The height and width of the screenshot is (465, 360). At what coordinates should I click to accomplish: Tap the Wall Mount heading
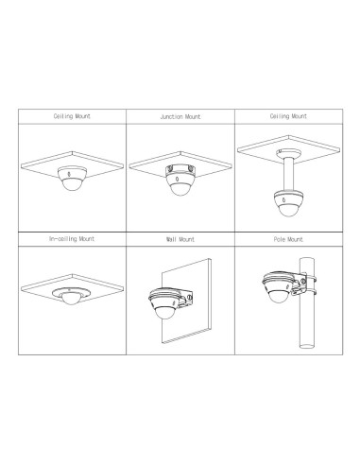(x=180, y=241)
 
